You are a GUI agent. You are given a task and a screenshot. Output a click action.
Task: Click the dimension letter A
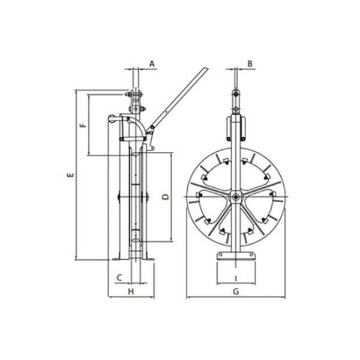coord(152,64)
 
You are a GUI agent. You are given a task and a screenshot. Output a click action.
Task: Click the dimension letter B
coord(250,64)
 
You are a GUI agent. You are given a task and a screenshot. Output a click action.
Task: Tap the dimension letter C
coord(119,278)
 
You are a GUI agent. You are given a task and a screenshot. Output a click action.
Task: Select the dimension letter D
coord(166,197)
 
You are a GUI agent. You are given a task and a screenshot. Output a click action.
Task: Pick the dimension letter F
coord(83,125)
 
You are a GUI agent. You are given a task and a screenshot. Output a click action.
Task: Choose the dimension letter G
coord(236,292)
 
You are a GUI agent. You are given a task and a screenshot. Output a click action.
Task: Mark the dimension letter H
coord(131,292)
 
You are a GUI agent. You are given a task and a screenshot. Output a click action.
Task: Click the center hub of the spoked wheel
coord(236,197)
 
